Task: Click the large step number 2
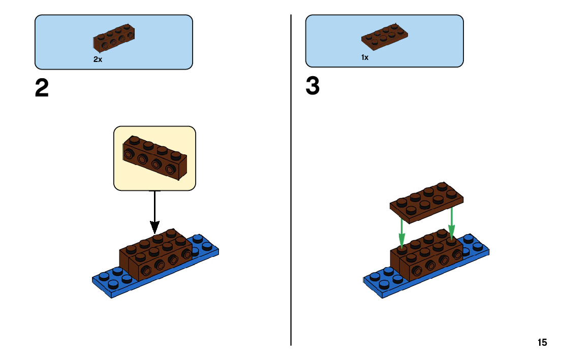42,88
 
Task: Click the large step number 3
313,86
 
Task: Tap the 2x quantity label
98,59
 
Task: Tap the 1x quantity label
365,58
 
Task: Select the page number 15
542,342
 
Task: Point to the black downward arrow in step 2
154,213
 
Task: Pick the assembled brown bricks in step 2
155,254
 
